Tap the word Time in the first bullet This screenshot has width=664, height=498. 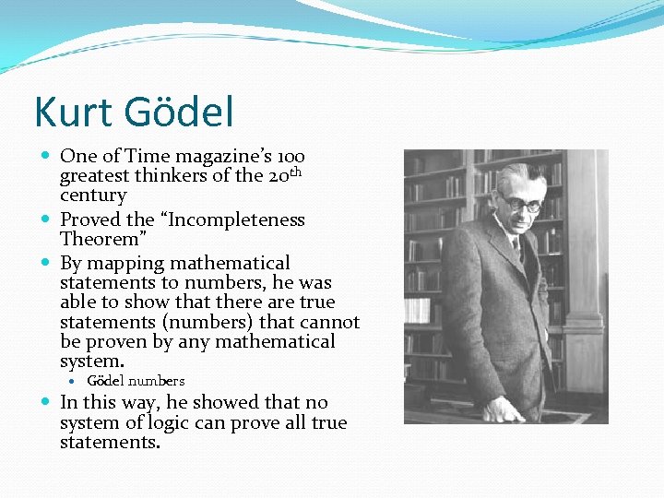pyautogui.click(x=148, y=157)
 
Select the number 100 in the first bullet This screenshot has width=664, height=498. pyautogui.click(x=290, y=157)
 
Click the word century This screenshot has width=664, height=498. pyautogui.click(x=93, y=196)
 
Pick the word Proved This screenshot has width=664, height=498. pyautogui.click(x=90, y=220)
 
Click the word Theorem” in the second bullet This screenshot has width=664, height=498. pyautogui.click(x=98, y=240)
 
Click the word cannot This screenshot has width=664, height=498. pyautogui.click(x=330, y=322)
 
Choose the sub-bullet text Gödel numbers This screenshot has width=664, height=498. pyautogui.click(x=136, y=381)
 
